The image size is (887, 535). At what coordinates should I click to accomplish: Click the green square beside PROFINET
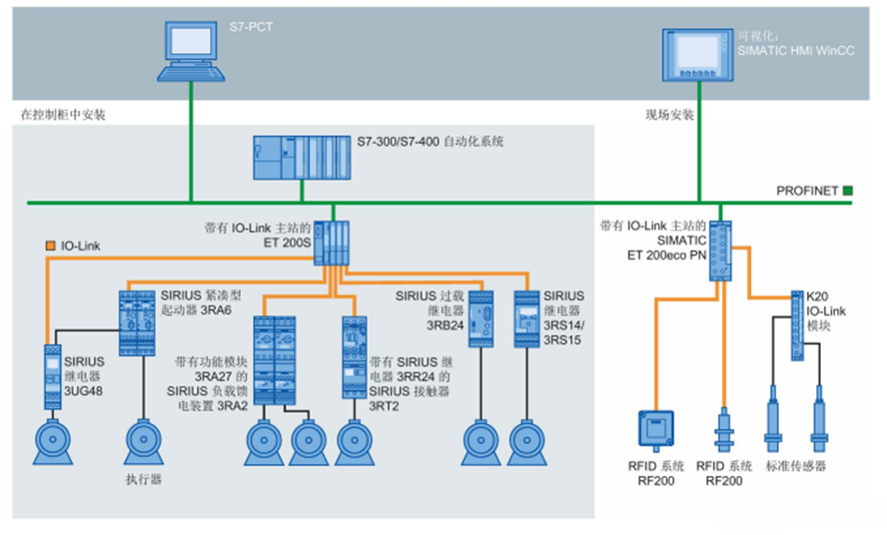[x=848, y=190]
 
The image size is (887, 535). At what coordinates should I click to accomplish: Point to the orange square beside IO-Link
[x=49, y=245]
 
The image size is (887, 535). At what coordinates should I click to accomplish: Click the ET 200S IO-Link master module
[x=333, y=243]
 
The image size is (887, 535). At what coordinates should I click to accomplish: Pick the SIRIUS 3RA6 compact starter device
[x=138, y=321]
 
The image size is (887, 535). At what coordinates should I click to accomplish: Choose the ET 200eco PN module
[x=721, y=250]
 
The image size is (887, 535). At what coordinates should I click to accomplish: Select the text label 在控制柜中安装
[x=63, y=115]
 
